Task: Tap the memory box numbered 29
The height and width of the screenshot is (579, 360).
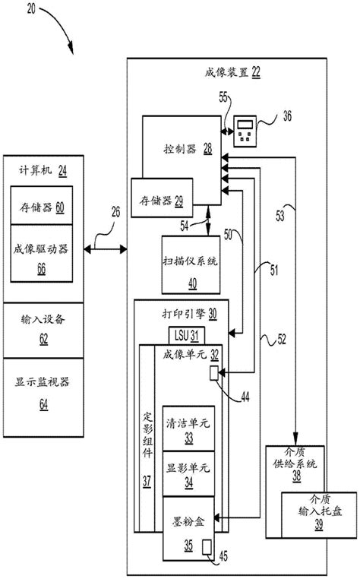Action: (x=162, y=198)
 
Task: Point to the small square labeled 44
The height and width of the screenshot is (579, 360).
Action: (x=215, y=372)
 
